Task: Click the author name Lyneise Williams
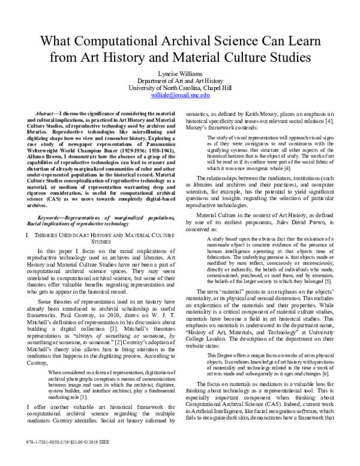179,71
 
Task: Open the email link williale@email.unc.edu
179,94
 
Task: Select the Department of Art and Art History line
179,79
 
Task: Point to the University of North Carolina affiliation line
179,86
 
